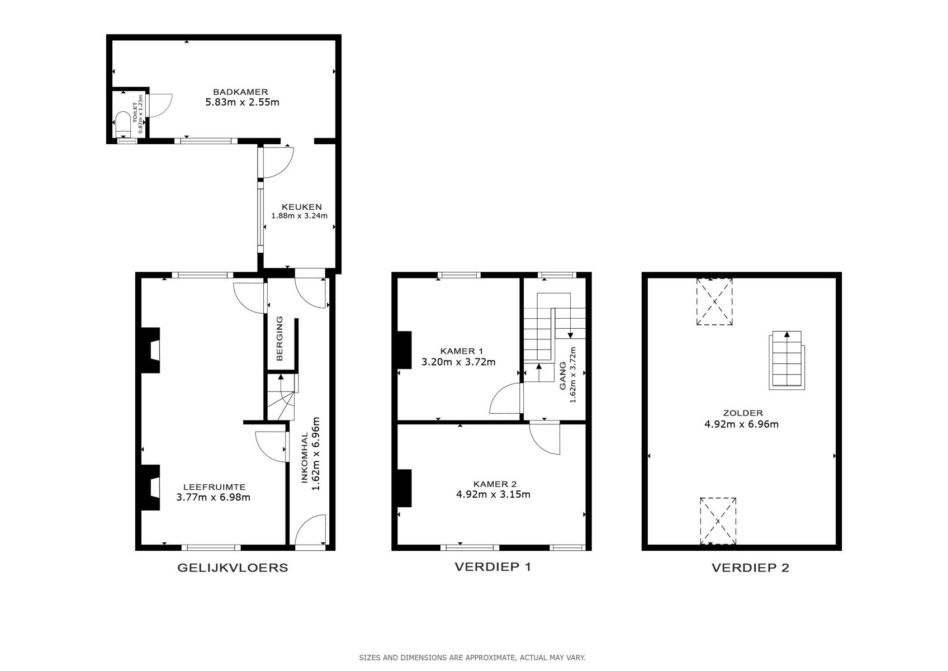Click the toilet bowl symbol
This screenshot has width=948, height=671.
pyautogui.click(x=122, y=122)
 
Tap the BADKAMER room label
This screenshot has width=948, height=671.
pyautogui.click(x=240, y=92)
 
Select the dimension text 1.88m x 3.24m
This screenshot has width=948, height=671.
pyautogui.click(x=299, y=216)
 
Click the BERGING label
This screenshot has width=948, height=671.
pyautogui.click(x=280, y=338)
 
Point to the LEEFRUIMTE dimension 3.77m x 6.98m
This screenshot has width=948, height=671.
pyautogui.click(x=213, y=497)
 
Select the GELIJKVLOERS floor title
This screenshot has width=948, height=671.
pyautogui.click(x=233, y=568)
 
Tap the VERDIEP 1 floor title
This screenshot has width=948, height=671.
pyautogui.click(x=492, y=566)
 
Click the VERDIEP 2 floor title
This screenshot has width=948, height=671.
pyautogui.click(x=750, y=568)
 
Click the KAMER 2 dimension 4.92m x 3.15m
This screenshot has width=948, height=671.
pyautogui.click(x=494, y=494)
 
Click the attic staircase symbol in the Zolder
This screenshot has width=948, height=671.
pyautogui.click(x=787, y=360)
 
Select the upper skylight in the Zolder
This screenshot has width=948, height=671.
pyautogui.click(x=714, y=302)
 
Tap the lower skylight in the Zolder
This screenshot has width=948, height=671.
pyautogui.click(x=718, y=521)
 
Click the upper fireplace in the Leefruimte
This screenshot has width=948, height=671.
pyautogui.click(x=149, y=350)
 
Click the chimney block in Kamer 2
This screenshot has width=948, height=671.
pyautogui.click(x=404, y=488)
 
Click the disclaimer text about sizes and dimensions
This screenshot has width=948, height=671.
pyautogui.click(x=472, y=658)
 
